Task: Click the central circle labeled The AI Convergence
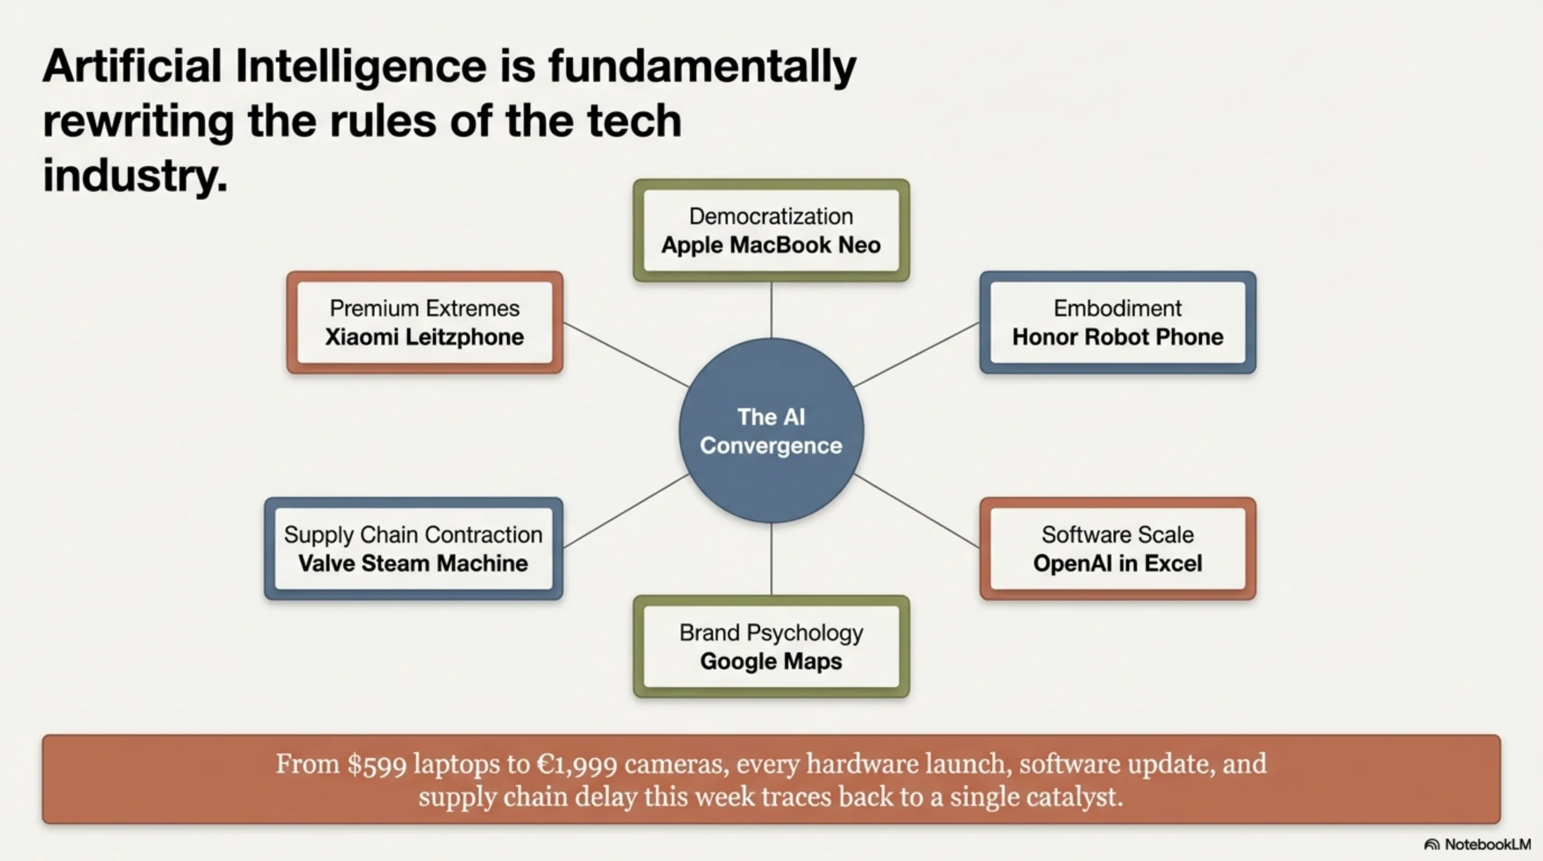click(771, 430)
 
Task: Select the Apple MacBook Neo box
click(771, 230)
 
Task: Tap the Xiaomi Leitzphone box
click(424, 322)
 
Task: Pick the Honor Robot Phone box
click(1117, 322)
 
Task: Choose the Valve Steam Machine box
click(413, 548)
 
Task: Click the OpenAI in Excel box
click(1117, 548)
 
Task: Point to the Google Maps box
click(771, 646)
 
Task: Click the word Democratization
click(771, 216)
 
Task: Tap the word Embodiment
click(1117, 308)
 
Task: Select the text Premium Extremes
click(424, 308)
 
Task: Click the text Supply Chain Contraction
click(413, 535)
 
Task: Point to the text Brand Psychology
click(771, 633)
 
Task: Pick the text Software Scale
click(1117, 535)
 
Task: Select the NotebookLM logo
click(1477, 844)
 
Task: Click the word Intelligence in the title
click(361, 67)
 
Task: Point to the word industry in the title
click(135, 175)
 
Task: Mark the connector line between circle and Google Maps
click(771, 559)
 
